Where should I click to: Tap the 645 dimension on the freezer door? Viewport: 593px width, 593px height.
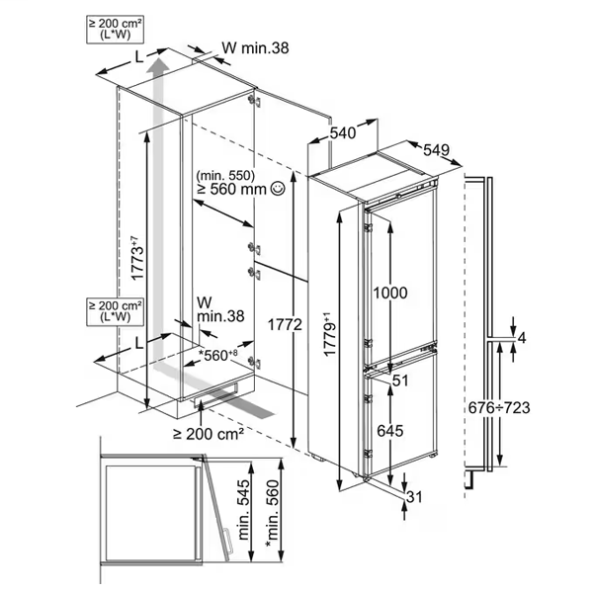click(x=389, y=431)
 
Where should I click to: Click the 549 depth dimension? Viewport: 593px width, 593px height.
click(x=436, y=150)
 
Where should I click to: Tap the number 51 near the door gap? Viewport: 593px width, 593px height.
click(x=399, y=378)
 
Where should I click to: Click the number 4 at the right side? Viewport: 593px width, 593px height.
click(x=523, y=339)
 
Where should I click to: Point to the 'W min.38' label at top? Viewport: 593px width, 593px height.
click(x=254, y=46)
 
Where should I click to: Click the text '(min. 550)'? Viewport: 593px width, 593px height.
click(x=226, y=175)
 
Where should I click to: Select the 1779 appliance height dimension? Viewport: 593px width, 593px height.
click(x=328, y=335)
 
